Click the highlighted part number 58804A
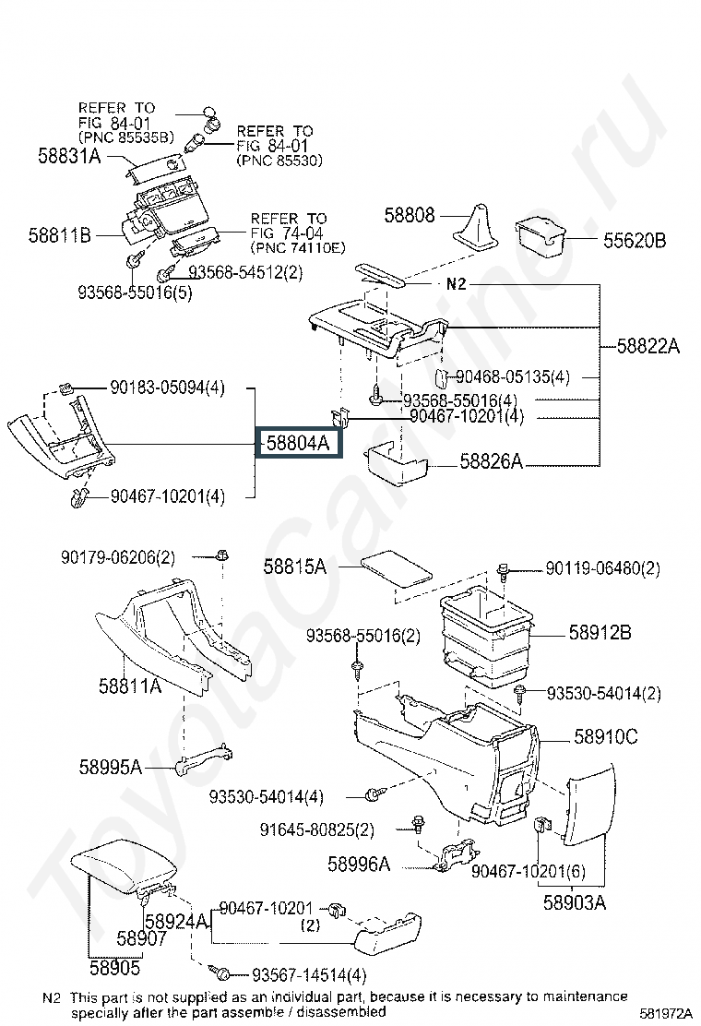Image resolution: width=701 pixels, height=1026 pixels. (298, 443)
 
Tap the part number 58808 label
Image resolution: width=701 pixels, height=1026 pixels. (410, 215)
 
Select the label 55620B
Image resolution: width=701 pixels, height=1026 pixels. (635, 242)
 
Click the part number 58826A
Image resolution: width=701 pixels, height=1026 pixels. (492, 461)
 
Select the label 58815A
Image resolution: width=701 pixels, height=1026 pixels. (295, 567)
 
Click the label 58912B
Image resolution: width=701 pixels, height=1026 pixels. (600, 633)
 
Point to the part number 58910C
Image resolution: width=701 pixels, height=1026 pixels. (606, 736)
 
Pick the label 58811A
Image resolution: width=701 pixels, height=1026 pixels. (130, 686)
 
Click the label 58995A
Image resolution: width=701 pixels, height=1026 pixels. (110, 767)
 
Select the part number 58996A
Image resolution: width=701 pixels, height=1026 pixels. (359, 865)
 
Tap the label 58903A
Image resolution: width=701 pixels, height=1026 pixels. (574, 902)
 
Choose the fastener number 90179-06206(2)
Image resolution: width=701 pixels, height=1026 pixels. (118, 557)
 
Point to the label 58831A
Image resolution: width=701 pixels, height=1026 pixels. (70, 156)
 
